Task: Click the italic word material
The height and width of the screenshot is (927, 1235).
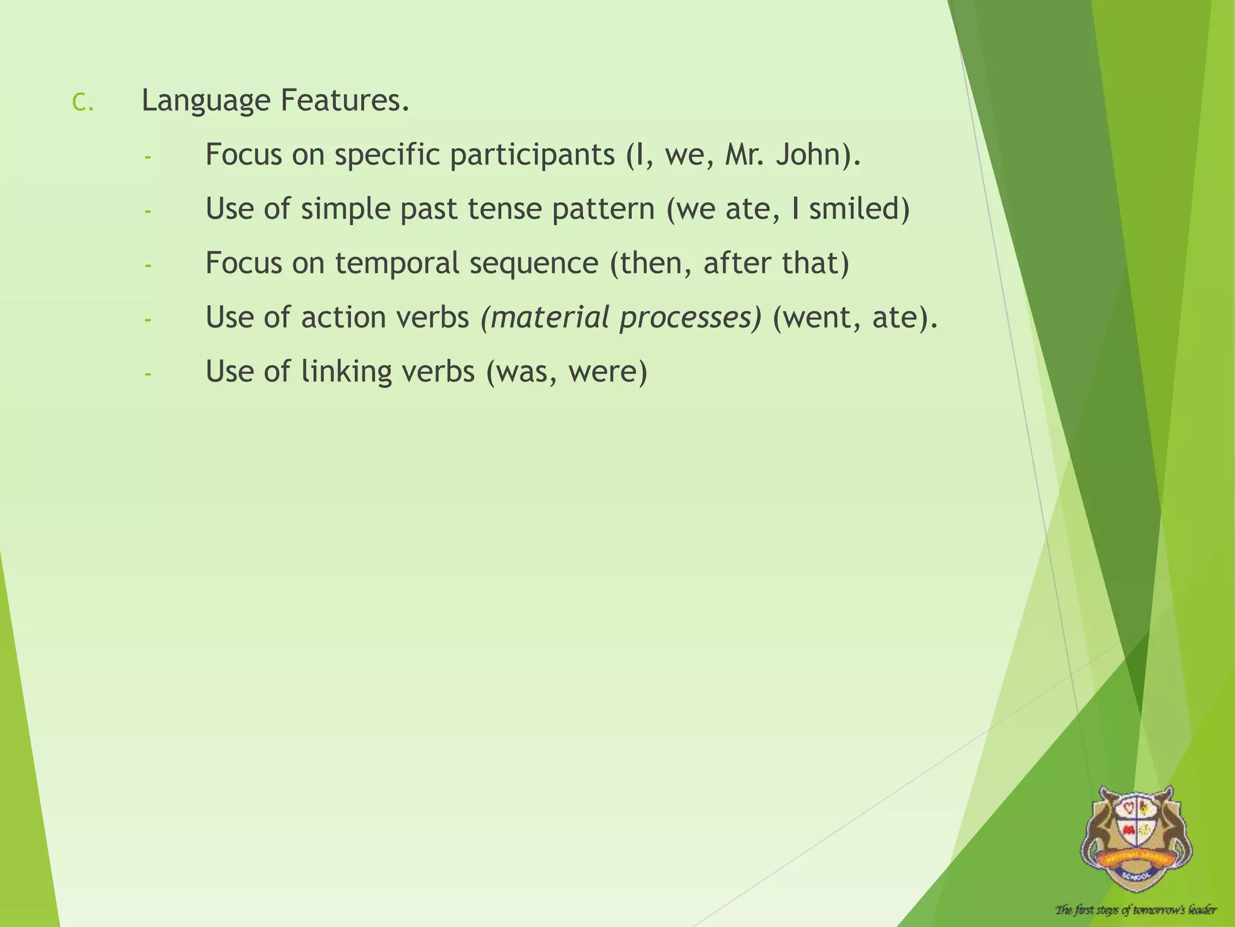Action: (x=549, y=317)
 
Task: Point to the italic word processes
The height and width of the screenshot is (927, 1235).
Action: (x=687, y=318)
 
